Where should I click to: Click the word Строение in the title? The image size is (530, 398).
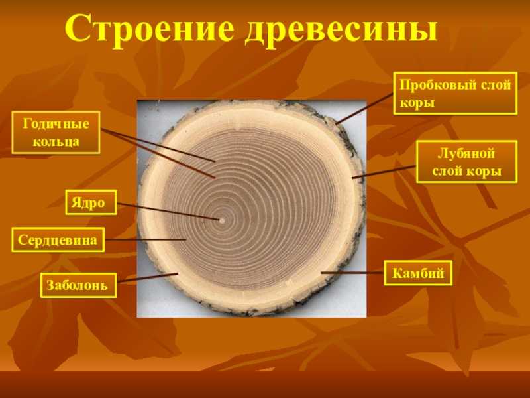tap(148, 29)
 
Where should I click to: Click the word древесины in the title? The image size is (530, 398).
tap(341, 31)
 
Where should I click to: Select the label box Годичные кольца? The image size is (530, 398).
tap(56, 132)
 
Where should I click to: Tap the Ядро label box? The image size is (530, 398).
tap(91, 202)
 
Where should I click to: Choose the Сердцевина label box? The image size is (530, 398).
tap(58, 239)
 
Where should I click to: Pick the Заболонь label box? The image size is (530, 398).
tap(78, 285)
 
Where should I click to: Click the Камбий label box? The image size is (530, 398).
tap(418, 273)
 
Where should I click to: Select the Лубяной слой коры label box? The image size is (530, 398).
tap(467, 162)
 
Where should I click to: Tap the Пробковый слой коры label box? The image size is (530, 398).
tap(455, 93)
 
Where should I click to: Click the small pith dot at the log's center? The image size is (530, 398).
tap(222, 220)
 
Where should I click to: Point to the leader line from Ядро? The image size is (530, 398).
tap(168, 212)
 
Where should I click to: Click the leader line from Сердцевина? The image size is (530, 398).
tap(145, 240)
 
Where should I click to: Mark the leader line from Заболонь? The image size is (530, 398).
tap(147, 277)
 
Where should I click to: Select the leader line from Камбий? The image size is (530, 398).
tap(352, 273)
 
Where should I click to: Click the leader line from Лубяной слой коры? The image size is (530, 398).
tap(384, 172)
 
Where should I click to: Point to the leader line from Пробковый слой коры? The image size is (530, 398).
tap(365, 108)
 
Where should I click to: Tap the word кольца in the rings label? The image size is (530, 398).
tap(56, 141)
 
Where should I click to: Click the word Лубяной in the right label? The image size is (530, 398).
tap(466, 153)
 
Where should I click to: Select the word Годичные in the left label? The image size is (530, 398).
tap(56, 123)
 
